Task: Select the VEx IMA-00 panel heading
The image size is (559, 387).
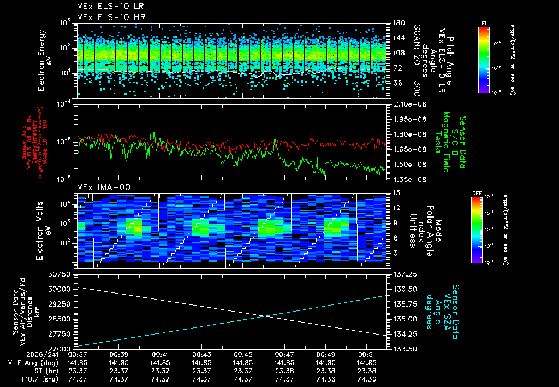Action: point(99,187)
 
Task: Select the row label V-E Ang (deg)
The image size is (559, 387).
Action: point(31,362)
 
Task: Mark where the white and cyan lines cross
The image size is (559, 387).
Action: point(266,316)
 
